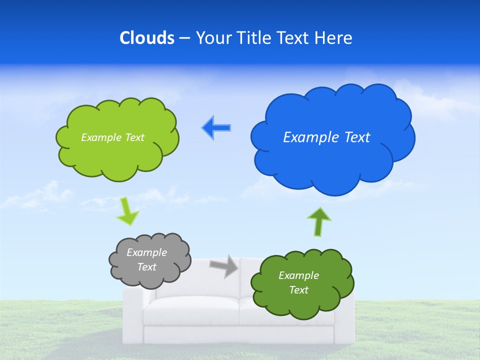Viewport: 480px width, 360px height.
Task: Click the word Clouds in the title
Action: (x=147, y=38)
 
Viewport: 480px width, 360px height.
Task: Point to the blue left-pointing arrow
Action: (x=216, y=128)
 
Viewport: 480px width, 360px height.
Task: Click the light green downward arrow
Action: (x=127, y=211)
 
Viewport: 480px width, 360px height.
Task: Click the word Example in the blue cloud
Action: (x=308, y=137)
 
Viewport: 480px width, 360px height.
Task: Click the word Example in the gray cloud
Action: (x=146, y=252)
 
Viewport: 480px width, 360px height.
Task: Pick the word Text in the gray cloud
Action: (x=146, y=267)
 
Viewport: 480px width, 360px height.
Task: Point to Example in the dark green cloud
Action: (x=298, y=275)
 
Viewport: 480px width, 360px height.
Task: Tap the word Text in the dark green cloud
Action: (x=298, y=290)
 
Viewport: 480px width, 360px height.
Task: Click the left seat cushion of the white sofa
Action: (x=190, y=310)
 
